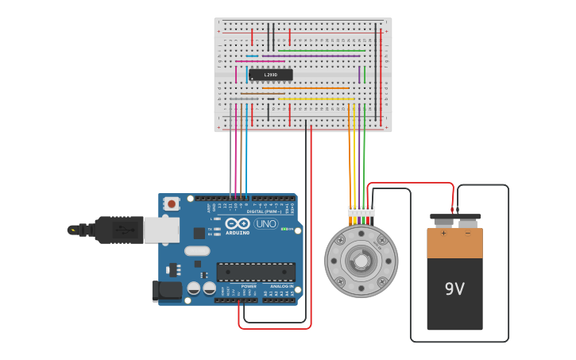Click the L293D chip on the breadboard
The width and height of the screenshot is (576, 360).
point(270,75)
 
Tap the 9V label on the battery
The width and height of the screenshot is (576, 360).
point(454,288)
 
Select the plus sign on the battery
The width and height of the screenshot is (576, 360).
point(443,234)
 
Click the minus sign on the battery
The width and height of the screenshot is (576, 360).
point(467,234)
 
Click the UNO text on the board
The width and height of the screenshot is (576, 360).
point(265,224)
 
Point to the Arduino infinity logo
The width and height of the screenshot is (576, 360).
point(238,223)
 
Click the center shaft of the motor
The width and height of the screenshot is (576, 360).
point(361,261)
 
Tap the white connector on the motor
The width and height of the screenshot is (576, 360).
point(361,211)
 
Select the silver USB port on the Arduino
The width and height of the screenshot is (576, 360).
point(161,230)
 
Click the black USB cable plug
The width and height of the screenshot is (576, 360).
point(119,230)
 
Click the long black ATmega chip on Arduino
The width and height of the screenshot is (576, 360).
point(256,272)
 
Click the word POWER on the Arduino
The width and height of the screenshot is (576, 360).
point(249,286)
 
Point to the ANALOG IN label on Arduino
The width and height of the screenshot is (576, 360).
point(281,286)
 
